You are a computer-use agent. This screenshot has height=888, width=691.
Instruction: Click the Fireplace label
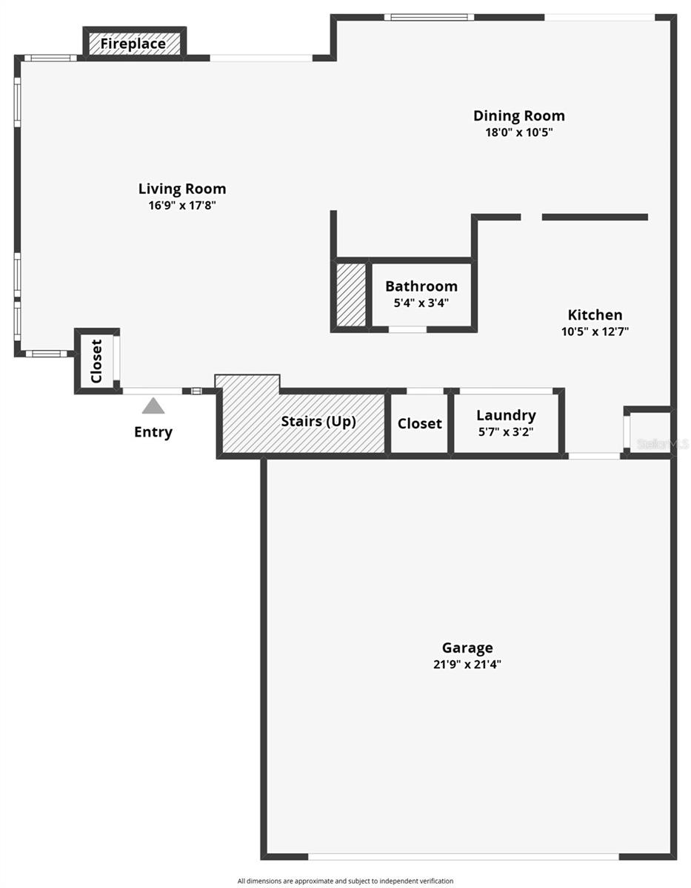click(133, 44)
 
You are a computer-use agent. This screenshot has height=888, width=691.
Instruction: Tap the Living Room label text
click(182, 189)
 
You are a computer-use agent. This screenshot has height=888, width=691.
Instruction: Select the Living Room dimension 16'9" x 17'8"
click(182, 206)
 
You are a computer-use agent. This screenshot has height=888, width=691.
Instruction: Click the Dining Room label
click(518, 115)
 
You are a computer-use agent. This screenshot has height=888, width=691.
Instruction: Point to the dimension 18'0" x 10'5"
click(518, 132)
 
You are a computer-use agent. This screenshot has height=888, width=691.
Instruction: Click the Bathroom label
click(421, 286)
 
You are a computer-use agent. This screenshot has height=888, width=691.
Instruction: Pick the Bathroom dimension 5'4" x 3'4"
click(421, 303)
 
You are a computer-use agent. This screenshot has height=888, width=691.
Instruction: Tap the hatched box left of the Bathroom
click(351, 295)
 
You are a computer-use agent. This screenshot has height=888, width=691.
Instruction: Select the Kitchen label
click(595, 314)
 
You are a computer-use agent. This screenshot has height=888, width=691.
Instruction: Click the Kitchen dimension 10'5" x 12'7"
click(595, 332)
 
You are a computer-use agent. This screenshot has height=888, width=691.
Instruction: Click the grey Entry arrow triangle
click(153, 406)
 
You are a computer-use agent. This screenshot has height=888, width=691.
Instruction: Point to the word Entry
click(153, 432)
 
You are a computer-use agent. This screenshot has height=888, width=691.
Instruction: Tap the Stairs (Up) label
click(318, 422)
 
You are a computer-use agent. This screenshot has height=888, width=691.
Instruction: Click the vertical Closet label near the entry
click(96, 361)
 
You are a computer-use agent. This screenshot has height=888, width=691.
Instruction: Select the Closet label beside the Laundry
click(420, 424)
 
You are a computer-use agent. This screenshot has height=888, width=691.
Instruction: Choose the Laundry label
click(506, 415)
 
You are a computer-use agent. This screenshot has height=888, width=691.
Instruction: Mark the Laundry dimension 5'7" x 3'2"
click(506, 431)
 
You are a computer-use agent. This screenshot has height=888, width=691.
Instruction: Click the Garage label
click(467, 648)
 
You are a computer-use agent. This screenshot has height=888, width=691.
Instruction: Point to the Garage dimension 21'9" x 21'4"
click(467, 665)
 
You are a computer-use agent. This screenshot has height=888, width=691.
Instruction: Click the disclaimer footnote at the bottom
click(345, 881)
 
